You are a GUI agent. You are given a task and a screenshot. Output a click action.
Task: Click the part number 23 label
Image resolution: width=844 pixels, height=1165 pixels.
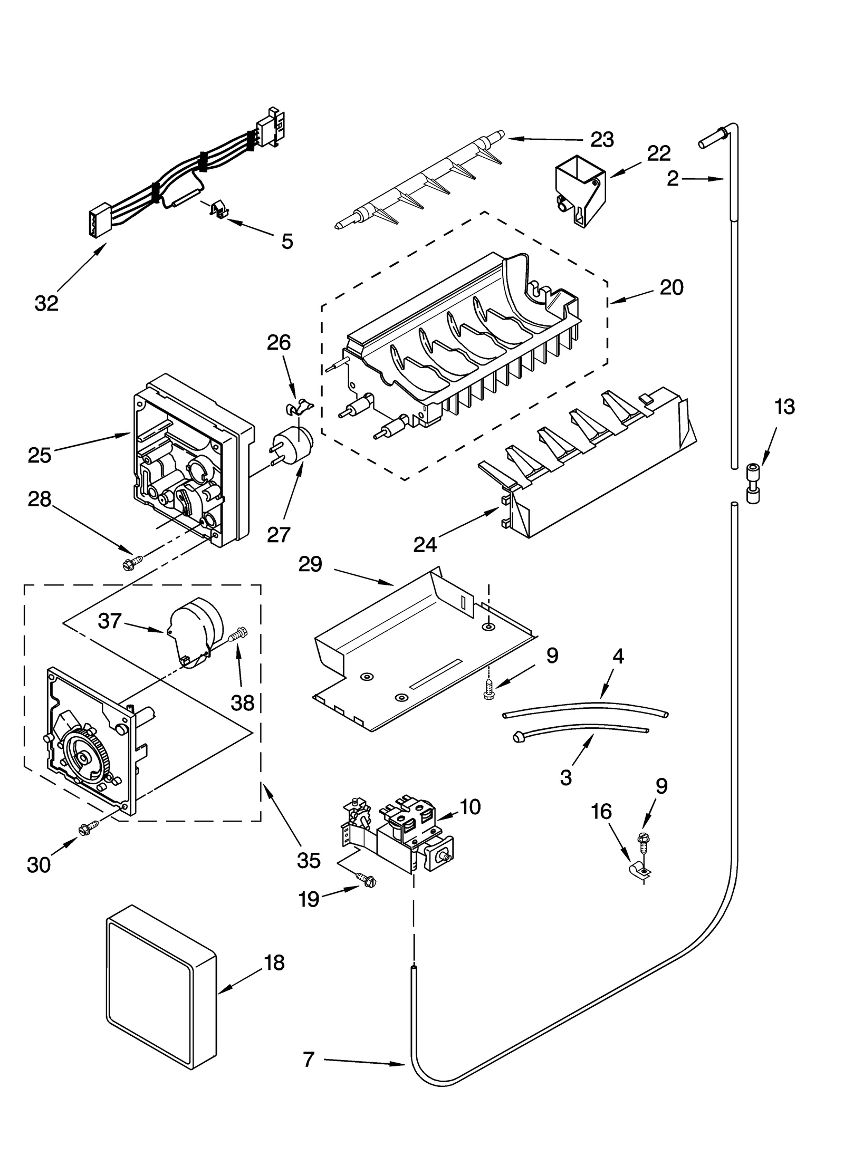pos(601,140)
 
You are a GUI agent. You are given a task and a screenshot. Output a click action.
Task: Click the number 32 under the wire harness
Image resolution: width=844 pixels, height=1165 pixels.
pos(46,303)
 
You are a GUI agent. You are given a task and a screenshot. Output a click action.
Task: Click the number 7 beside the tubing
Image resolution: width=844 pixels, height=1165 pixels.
pos(309,1059)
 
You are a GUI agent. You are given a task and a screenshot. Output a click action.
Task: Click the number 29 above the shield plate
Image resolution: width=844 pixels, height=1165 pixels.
pos(310,564)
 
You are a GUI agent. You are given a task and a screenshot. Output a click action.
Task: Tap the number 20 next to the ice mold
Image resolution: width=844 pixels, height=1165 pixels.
pos(671,287)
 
